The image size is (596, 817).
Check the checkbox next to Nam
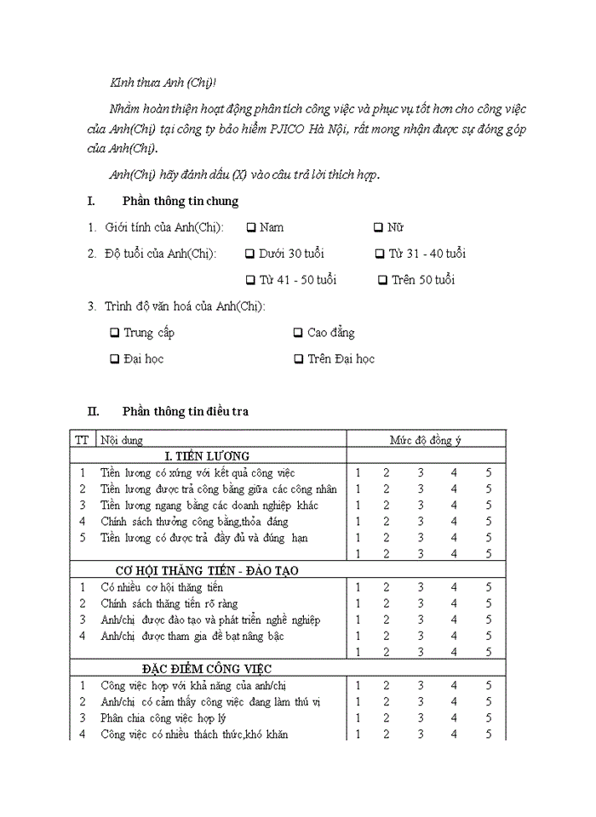click(x=251, y=227)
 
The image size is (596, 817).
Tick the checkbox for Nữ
click(x=378, y=227)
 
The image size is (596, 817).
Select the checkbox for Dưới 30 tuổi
click(x=249, y=254)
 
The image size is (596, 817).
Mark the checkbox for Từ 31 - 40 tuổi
click(x=380, y=254)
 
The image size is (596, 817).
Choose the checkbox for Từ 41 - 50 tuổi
click(x=249, y=280)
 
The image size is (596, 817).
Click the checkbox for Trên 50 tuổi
click(x=383, y=280)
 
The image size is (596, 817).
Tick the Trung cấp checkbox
click(x=115, y=333)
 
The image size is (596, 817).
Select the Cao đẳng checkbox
click(x=298, y=333)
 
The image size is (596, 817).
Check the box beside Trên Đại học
click(x=299, y=359)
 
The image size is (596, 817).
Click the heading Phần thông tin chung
click(x=180, y=202)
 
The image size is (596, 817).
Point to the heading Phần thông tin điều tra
click(x=185, y=411)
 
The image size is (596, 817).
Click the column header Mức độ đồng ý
click(x=426, y=440)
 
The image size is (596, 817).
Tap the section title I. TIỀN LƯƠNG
click(x=207, y=456)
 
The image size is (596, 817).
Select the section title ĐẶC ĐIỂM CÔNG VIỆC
click(x=207, y=669)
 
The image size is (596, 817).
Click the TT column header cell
click(x=82, y=440)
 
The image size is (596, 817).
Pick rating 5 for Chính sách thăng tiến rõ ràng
click(x=489, y=603)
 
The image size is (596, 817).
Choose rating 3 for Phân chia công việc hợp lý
click(x=420, y=717)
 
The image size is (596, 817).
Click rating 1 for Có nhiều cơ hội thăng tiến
click(x=358, y=587)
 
